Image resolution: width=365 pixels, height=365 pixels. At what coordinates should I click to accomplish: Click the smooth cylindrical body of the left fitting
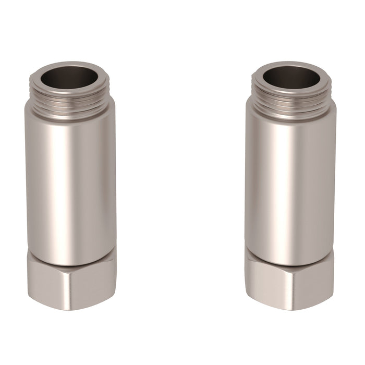[x=71, y=177]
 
